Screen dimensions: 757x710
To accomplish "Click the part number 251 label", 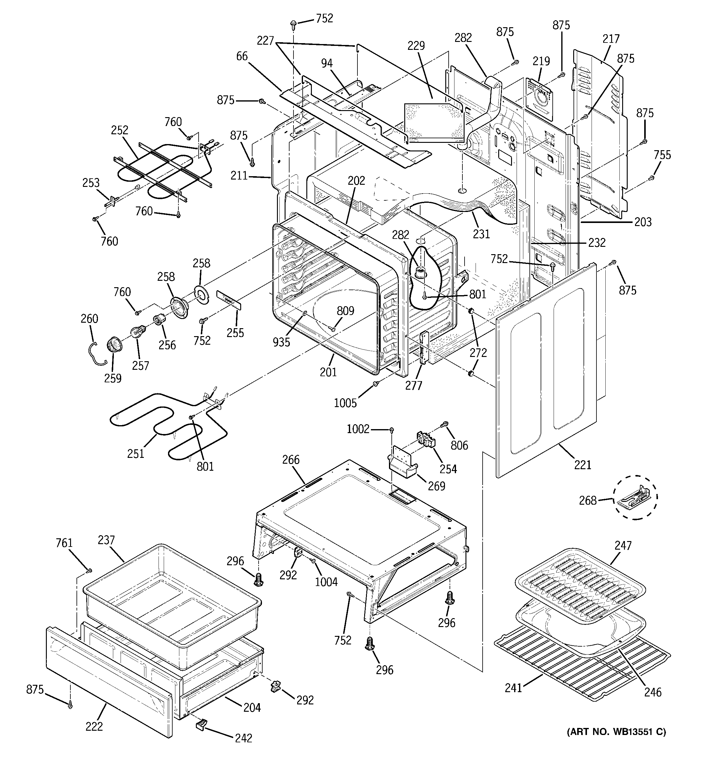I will click(136, 454).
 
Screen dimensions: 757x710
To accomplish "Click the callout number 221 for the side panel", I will click(582, 465).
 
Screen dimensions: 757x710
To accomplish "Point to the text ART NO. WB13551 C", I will click(616, 732).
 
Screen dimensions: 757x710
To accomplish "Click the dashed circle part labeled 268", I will click(635, 497).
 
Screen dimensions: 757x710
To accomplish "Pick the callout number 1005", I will click(345, 403).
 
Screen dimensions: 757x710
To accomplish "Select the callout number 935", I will click(281, 342).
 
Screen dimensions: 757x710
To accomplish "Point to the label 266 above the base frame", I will click(291, 460).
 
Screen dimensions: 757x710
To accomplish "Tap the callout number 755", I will click(662, 155).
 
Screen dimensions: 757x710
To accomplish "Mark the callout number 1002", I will click(358, 429).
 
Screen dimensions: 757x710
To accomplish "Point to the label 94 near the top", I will click(327, 64).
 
